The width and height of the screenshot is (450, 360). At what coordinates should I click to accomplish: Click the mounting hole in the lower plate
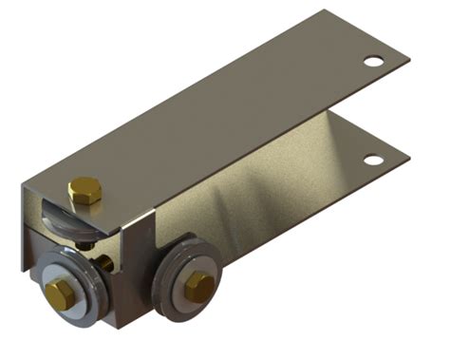click(373, 160)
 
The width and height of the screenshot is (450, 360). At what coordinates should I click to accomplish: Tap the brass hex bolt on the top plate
click(84, 190)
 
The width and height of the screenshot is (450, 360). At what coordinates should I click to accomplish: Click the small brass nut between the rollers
click(106, 261)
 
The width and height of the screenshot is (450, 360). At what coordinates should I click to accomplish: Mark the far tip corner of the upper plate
click(328, 11)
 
